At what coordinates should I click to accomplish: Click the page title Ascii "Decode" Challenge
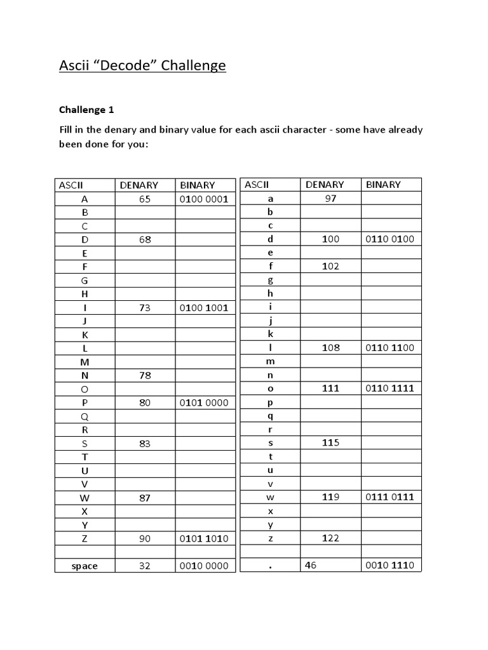click(x=142, y=65)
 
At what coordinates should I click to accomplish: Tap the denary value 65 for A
click(x=145, y=199)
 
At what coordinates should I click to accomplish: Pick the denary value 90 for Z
click(x=145, y=538)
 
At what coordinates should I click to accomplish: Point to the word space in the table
click(x=85, y=566)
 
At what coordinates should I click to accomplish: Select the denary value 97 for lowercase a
click(x=330, y=198)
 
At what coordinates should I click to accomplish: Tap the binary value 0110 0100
click(x=390, y=239)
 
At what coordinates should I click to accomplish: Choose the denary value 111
click(x=330, y=388)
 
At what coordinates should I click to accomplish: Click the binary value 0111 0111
click(x=390, y=496)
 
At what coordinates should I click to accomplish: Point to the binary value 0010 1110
click(x=390, y=564)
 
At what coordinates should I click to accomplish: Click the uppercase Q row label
click(x=85, y=416)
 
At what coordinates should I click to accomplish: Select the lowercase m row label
click(x=270, y=361)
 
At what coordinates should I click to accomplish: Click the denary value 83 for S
click(x=145, y=444)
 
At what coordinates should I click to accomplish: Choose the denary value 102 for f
click(x=330, y=266)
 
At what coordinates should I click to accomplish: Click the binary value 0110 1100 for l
click(x=390, y=347)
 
